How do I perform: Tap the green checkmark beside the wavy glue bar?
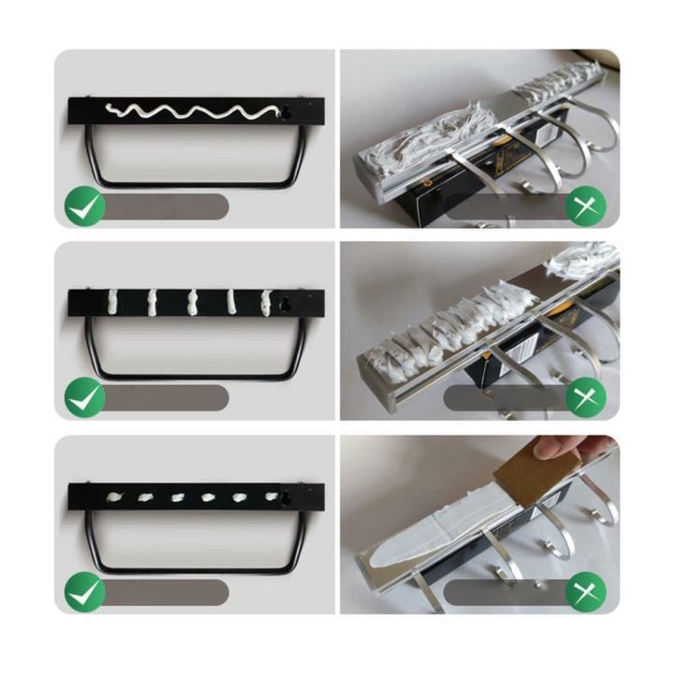(x=84, y=207)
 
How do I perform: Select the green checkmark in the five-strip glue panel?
(x=84, y=398)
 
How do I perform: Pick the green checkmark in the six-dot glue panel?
(x=84, y=592)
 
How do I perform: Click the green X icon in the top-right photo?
(x=586, y=207)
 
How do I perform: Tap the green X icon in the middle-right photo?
(x=586, y=398)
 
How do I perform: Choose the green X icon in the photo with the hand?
(x=586, y=592)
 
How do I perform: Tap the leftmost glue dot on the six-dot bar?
(x=118, y=496)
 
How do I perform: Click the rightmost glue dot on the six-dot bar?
(x=272, y=496)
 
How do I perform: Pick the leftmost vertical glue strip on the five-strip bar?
(x=114, y=302)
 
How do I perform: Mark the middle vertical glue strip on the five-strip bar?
(x=193, y=302)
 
